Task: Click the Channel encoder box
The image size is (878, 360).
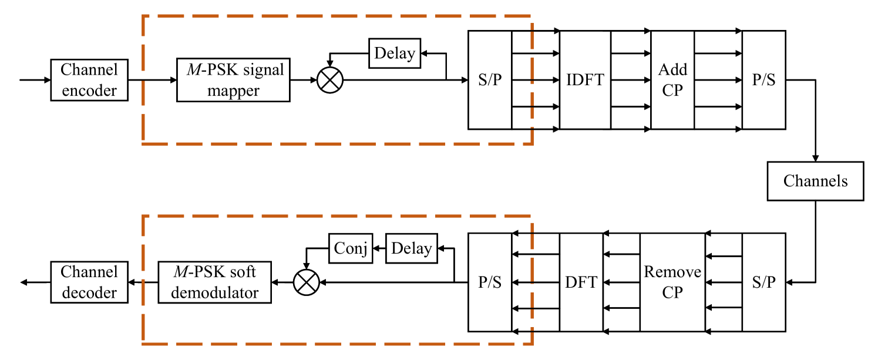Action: tap(89, 80)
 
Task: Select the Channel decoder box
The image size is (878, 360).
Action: tap(89, 282)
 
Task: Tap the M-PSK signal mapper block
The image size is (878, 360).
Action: tap(233, 80)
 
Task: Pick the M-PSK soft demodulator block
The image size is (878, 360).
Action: tap(214, 282)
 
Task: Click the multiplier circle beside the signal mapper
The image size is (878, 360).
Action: tap(329, 80)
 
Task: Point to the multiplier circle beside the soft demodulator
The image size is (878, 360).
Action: tap(306, 282)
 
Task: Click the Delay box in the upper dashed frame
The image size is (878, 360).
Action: tap(395, 53)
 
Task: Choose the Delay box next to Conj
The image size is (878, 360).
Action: tap(411, 248)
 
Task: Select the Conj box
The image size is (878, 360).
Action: tap(351, 248)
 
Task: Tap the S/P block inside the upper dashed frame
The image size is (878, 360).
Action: tap(490, 80)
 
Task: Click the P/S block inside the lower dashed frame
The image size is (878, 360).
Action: tap(490, 282)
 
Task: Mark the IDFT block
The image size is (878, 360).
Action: tap(584, 80)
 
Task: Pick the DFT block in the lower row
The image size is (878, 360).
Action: tap(581, 282)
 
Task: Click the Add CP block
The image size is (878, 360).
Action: tap(672, 80)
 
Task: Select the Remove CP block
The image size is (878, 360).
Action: tap(672, 282)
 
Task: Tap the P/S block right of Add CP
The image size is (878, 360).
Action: tap(763, 80)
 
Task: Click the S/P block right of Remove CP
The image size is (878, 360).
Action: tap(763, 282)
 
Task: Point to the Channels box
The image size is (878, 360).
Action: tap(815, 181)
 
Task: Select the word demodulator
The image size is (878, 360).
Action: tap(214, 292)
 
